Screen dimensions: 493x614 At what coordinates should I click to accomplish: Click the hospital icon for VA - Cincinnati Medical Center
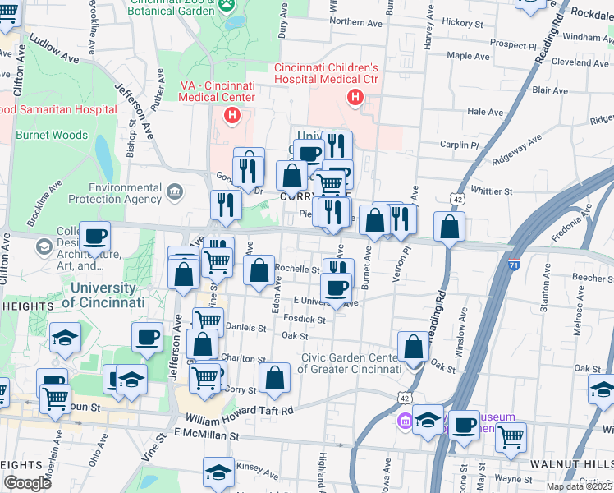pyautogui.click(x=233, y=116)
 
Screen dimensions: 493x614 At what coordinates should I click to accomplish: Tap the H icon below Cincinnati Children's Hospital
pyautogui.click(x=355, y=99)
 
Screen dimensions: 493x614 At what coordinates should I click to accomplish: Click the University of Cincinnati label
pyautogui.click(x=103, y=295)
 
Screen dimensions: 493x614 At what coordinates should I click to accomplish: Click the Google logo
pyautogui.click(x=27, y=483)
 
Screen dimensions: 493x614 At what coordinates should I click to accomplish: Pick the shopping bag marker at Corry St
pyautogui.click(x=274, y=379)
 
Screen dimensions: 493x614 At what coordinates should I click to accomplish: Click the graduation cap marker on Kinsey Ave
pyautogui.click(x=218, y=472)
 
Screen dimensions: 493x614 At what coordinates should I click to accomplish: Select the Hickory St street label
pyautogui.click(x=458, y=22)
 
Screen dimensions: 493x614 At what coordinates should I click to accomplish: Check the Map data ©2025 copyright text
pyautogui.click(x=579, y=486)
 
